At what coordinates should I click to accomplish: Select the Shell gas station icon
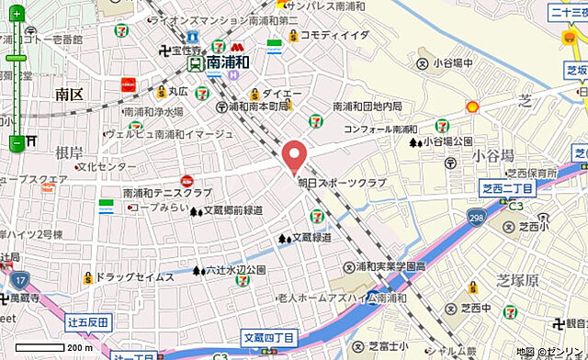point(473,107)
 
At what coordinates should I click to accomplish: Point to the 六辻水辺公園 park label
point(234,270)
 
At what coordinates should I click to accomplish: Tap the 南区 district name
point(69,94)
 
